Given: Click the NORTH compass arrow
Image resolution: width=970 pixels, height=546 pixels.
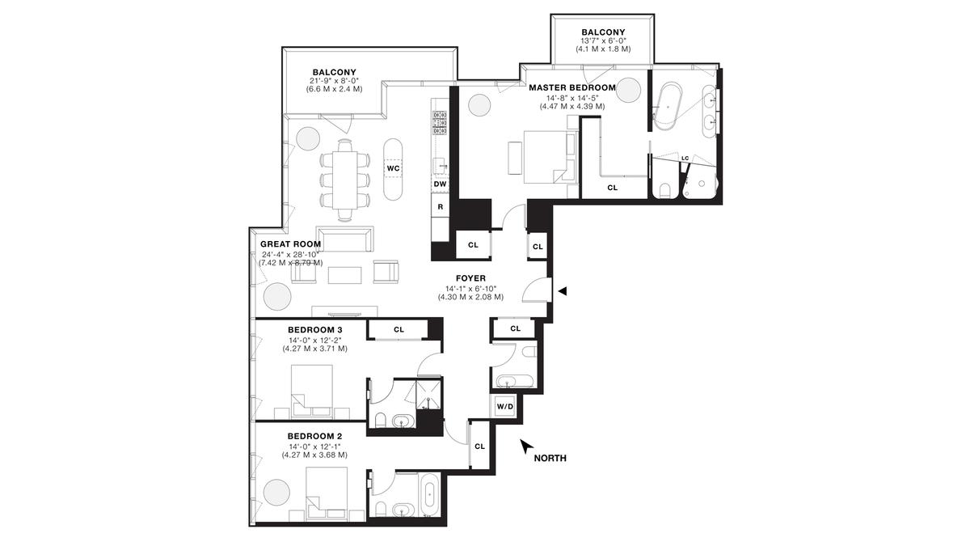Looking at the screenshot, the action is (x=526, y=447).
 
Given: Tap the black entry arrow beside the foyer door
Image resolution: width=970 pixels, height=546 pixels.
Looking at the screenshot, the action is (x=562, y=291).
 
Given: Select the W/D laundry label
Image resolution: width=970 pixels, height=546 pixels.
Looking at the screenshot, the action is (x=505, y=406).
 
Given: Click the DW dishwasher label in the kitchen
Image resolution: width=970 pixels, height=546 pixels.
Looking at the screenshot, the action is (x=440, y=184).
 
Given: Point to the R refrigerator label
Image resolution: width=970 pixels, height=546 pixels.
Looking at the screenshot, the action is (x=441, y=207).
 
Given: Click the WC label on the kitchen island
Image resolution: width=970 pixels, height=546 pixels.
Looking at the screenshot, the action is (x=393, y=168).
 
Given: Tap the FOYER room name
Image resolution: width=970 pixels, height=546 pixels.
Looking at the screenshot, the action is (x=470, y=278).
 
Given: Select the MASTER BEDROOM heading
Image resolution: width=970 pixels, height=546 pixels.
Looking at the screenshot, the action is (x=572, y=87).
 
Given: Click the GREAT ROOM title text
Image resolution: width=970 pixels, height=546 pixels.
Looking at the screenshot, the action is (x=290, y=244).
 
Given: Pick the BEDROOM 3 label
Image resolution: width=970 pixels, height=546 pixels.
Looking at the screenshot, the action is (x=314, y=330).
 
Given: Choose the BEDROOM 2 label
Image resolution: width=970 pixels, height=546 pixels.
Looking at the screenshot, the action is (x=314, y=436).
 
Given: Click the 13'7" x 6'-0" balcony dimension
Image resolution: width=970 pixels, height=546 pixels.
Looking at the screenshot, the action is (x=603, y=40).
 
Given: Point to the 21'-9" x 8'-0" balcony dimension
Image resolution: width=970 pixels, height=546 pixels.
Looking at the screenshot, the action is (x=335, y=81).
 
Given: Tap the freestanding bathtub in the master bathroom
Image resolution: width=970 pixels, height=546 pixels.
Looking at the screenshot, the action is (x=668, y=106).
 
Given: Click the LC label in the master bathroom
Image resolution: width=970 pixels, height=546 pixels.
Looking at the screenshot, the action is (x=685, y=159).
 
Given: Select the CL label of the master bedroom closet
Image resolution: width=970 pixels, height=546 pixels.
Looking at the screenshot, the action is (x=613, y=188).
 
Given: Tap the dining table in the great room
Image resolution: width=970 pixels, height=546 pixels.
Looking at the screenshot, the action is (x=344, y=180).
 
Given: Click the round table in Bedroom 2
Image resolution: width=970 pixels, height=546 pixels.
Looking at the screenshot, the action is (x=276, y=493).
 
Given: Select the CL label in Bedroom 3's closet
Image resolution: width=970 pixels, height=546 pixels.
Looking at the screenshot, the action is (x=399, y=330).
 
